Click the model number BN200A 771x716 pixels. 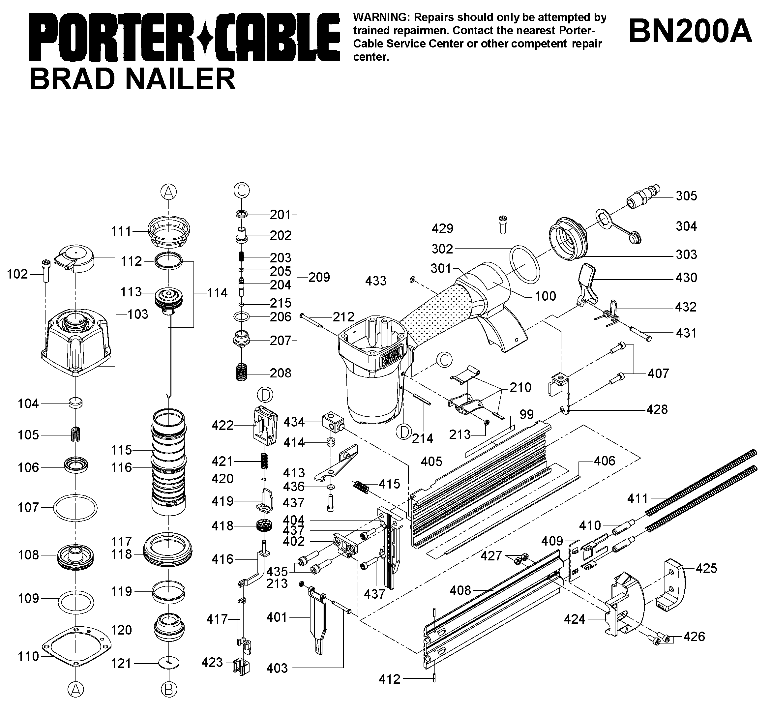pyautogui.click(x=690, y=32)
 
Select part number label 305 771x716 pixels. pyautogui.click(x=686, y=196)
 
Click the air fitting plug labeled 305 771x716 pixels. pyautogui.click(x=643, y=196)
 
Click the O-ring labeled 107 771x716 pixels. pyautogui.click(x=75, y=508)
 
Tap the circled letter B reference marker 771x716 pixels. pyautogui.click(x=169, y=689)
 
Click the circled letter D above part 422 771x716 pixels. pyautogui.click(x=265, y=395)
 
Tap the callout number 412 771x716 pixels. pyautogui.click(x=389, y=679)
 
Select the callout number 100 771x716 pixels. pyautogui.click(x=546, y=296)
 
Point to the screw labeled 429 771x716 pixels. pyautogui.click(x=502, y=224)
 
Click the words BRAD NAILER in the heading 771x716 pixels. pyautogui.click(x=133, y=79)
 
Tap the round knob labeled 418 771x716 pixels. pyautogui.click(x=265, y=526)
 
